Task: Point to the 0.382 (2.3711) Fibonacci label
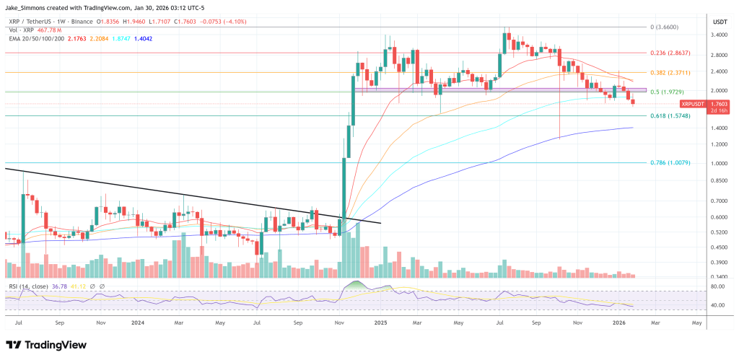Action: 673,72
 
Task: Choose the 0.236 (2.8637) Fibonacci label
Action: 673,53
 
